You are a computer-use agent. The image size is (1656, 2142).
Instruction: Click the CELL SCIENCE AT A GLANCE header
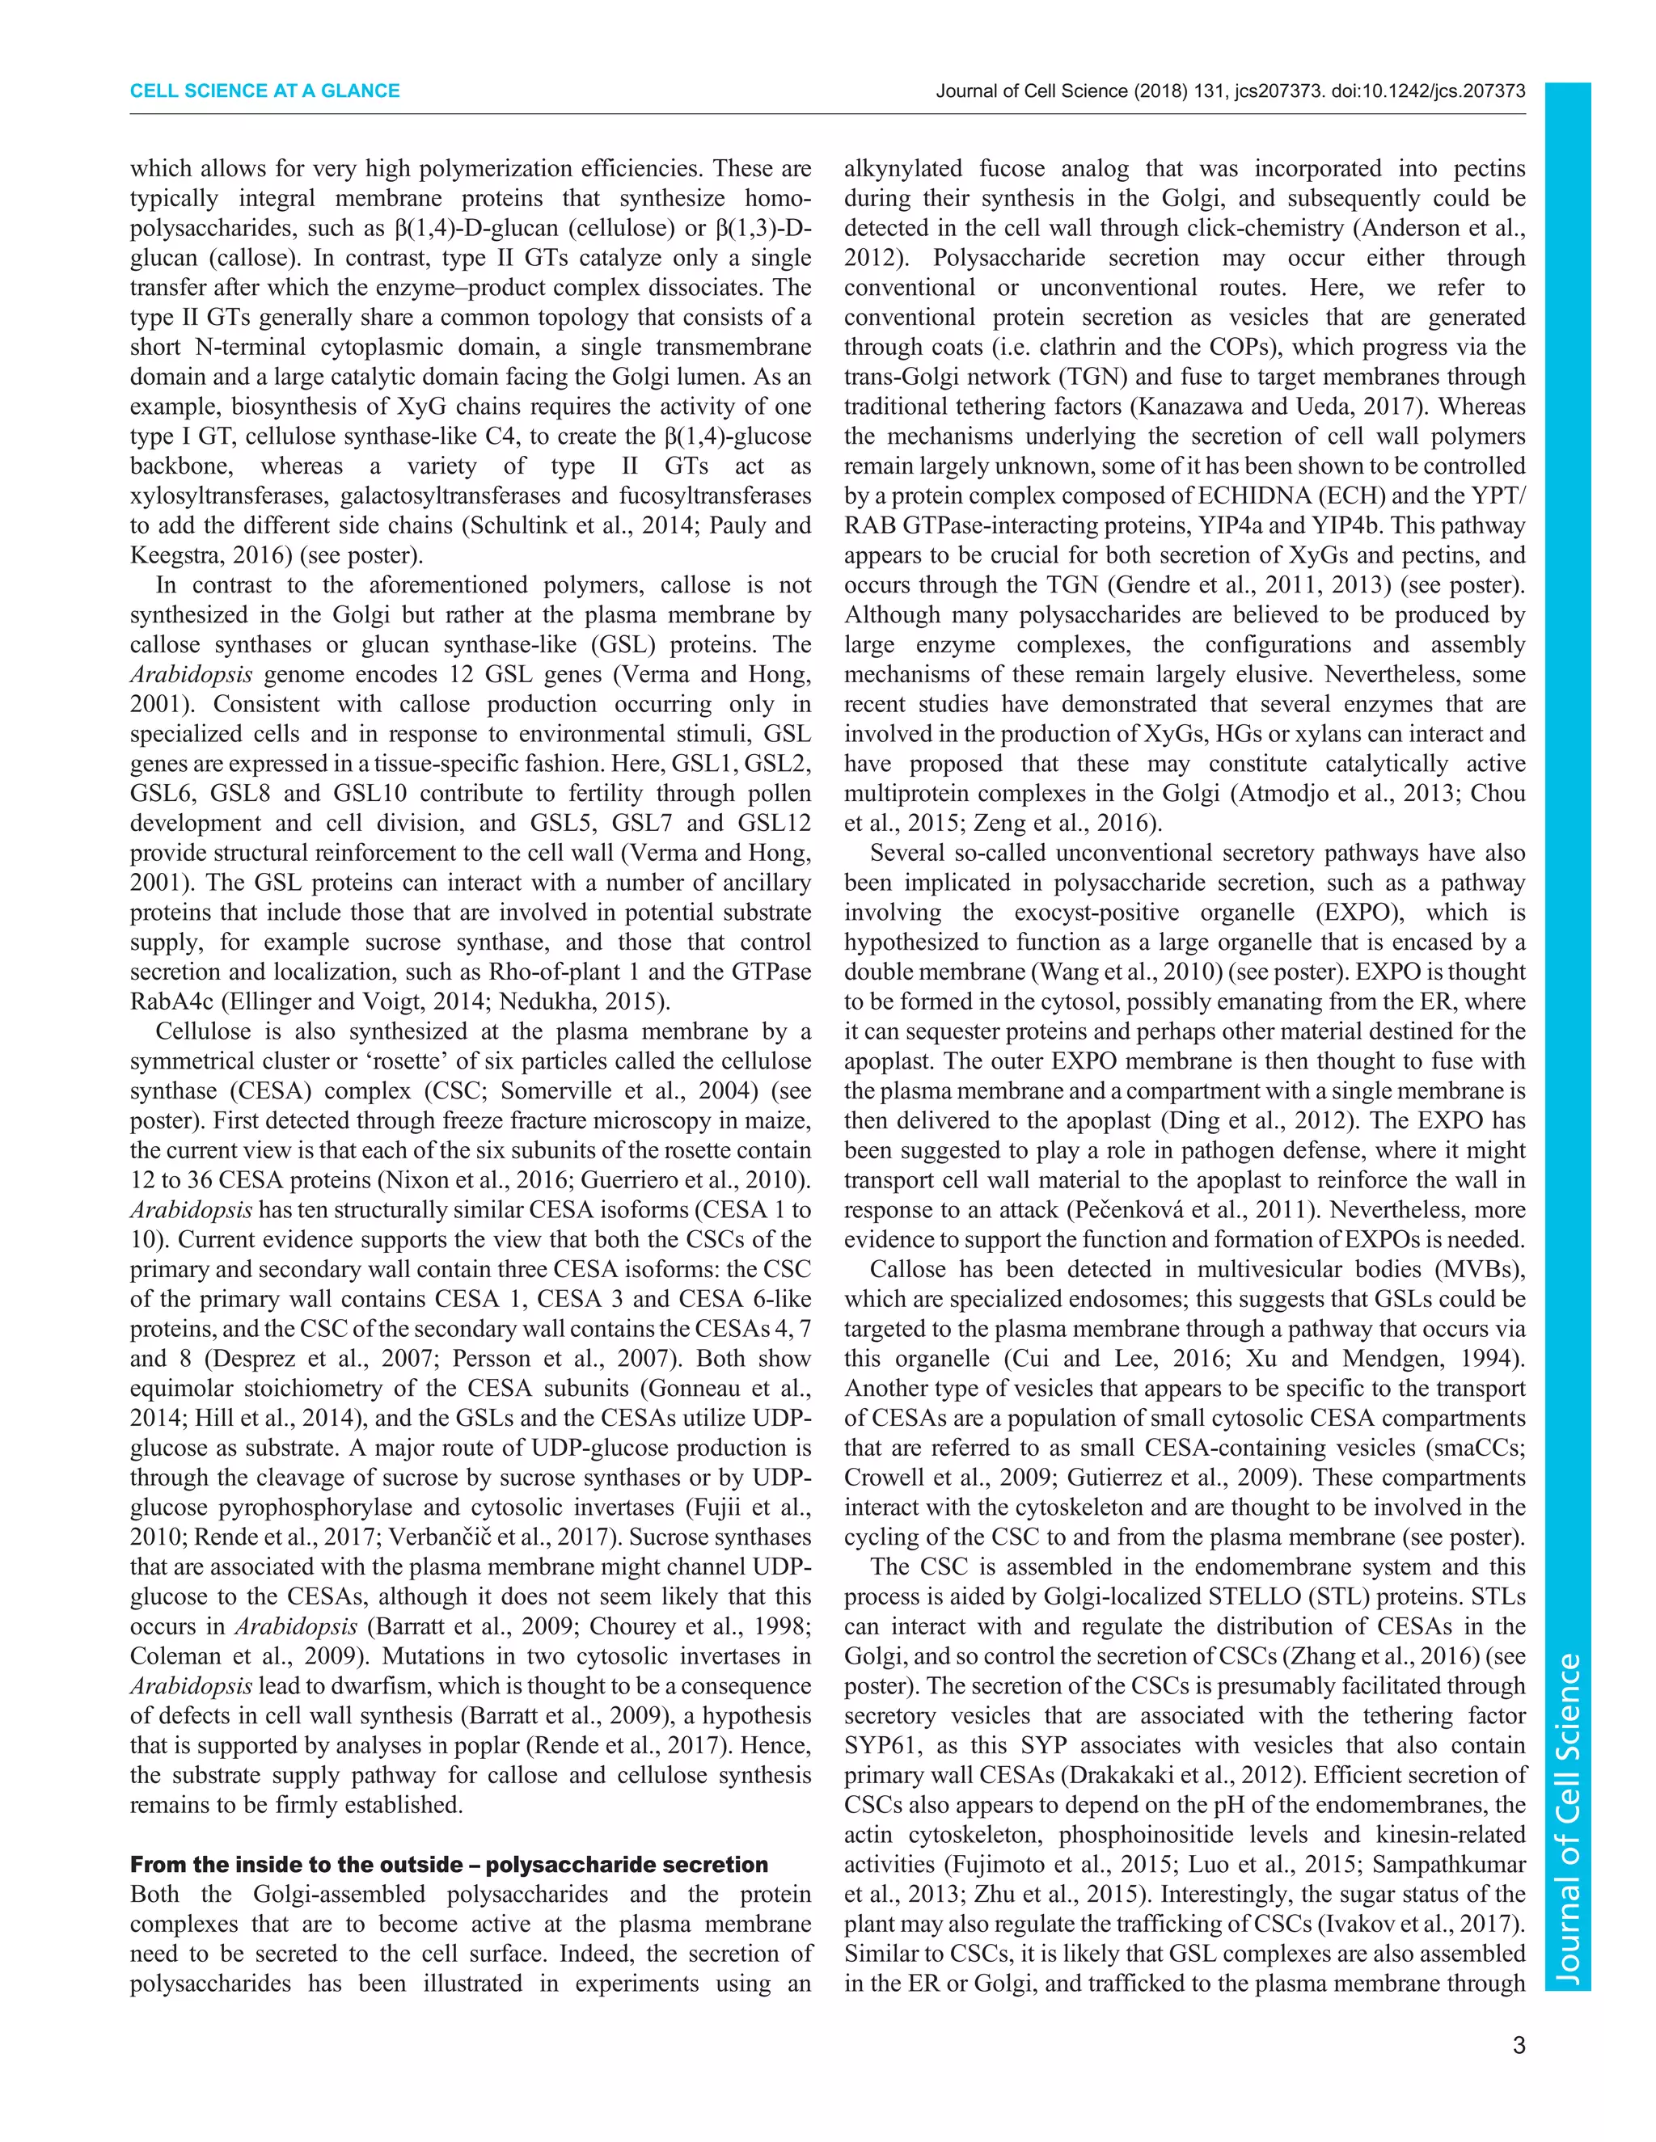[x=265, y=91]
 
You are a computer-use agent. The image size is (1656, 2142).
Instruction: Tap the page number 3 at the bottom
[x=1519, y=2046]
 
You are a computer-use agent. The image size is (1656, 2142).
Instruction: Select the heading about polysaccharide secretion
[x=450, y=1865]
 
